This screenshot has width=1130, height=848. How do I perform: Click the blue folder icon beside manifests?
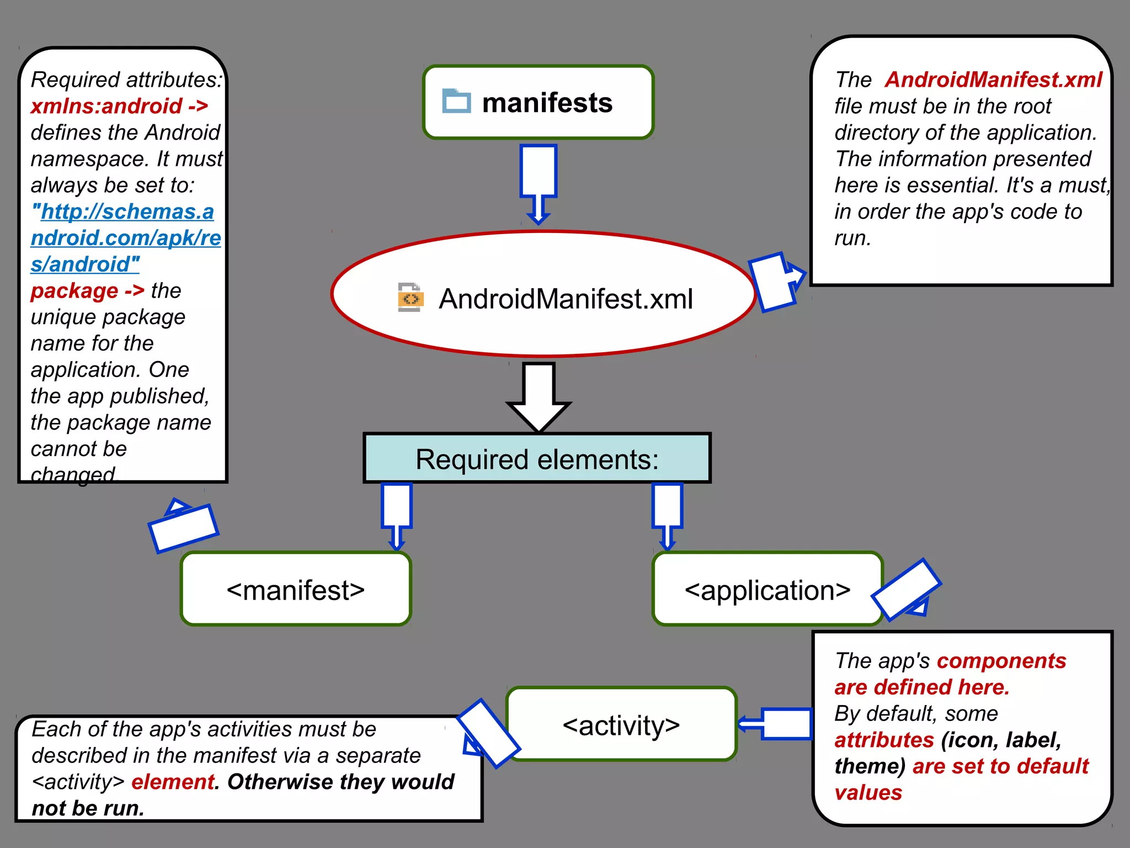[x=456, y=102]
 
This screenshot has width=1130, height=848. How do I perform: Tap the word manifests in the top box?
[x=547, y=103]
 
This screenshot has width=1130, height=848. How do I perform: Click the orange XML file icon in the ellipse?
[x=411, y=298]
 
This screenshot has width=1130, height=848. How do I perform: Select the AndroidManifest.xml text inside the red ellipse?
[x=566, y=299]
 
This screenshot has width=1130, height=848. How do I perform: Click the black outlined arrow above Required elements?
[x=539, y=397]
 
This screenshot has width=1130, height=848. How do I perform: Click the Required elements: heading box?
[x=537, y=459]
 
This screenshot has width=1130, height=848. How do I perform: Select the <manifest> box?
[x=296, y=590]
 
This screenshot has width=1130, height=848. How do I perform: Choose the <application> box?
[x=767, y=590]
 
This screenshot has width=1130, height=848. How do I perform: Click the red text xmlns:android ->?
[x=119, y=106]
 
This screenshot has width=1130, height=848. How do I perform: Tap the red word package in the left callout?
[x=74, y=290]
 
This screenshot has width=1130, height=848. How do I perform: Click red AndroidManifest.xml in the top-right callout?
[x=993, y=80]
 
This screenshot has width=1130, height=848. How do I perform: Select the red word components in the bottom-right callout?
[x=1001, y=661]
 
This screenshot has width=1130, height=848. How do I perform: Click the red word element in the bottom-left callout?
[x=173, y=782]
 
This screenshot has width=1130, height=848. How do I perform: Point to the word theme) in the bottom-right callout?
[x=870, y=766]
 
